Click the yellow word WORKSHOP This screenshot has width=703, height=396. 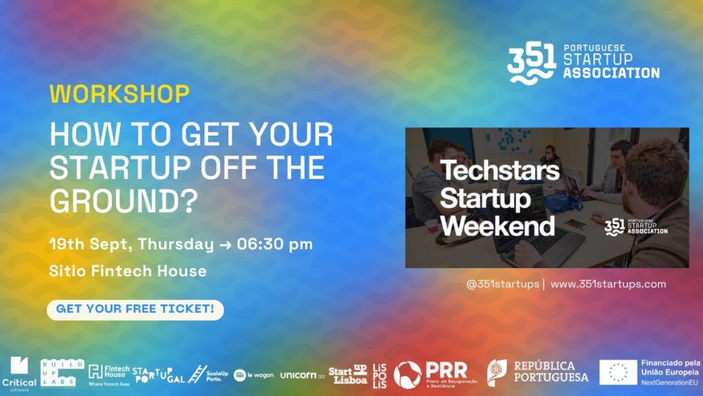[119, 94]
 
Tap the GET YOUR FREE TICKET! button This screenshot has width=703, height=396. [135, 309]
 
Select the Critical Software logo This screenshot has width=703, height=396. [19, 374]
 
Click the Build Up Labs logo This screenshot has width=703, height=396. [62, 373]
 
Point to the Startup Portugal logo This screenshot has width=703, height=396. [158, 375]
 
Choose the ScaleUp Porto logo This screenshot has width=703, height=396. [208, 374]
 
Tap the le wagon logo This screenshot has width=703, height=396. [254, 375]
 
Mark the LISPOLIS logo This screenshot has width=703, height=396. [380, 375]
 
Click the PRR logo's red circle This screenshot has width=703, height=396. [407, 375]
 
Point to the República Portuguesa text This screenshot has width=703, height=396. [551, 372]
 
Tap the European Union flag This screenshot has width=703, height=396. [617, 372]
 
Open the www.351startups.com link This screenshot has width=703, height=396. [608, 284]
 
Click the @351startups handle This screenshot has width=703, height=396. [503, 284]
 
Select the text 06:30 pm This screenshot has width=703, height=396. [275, 244]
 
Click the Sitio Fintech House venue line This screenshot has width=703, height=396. [128, 271]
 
